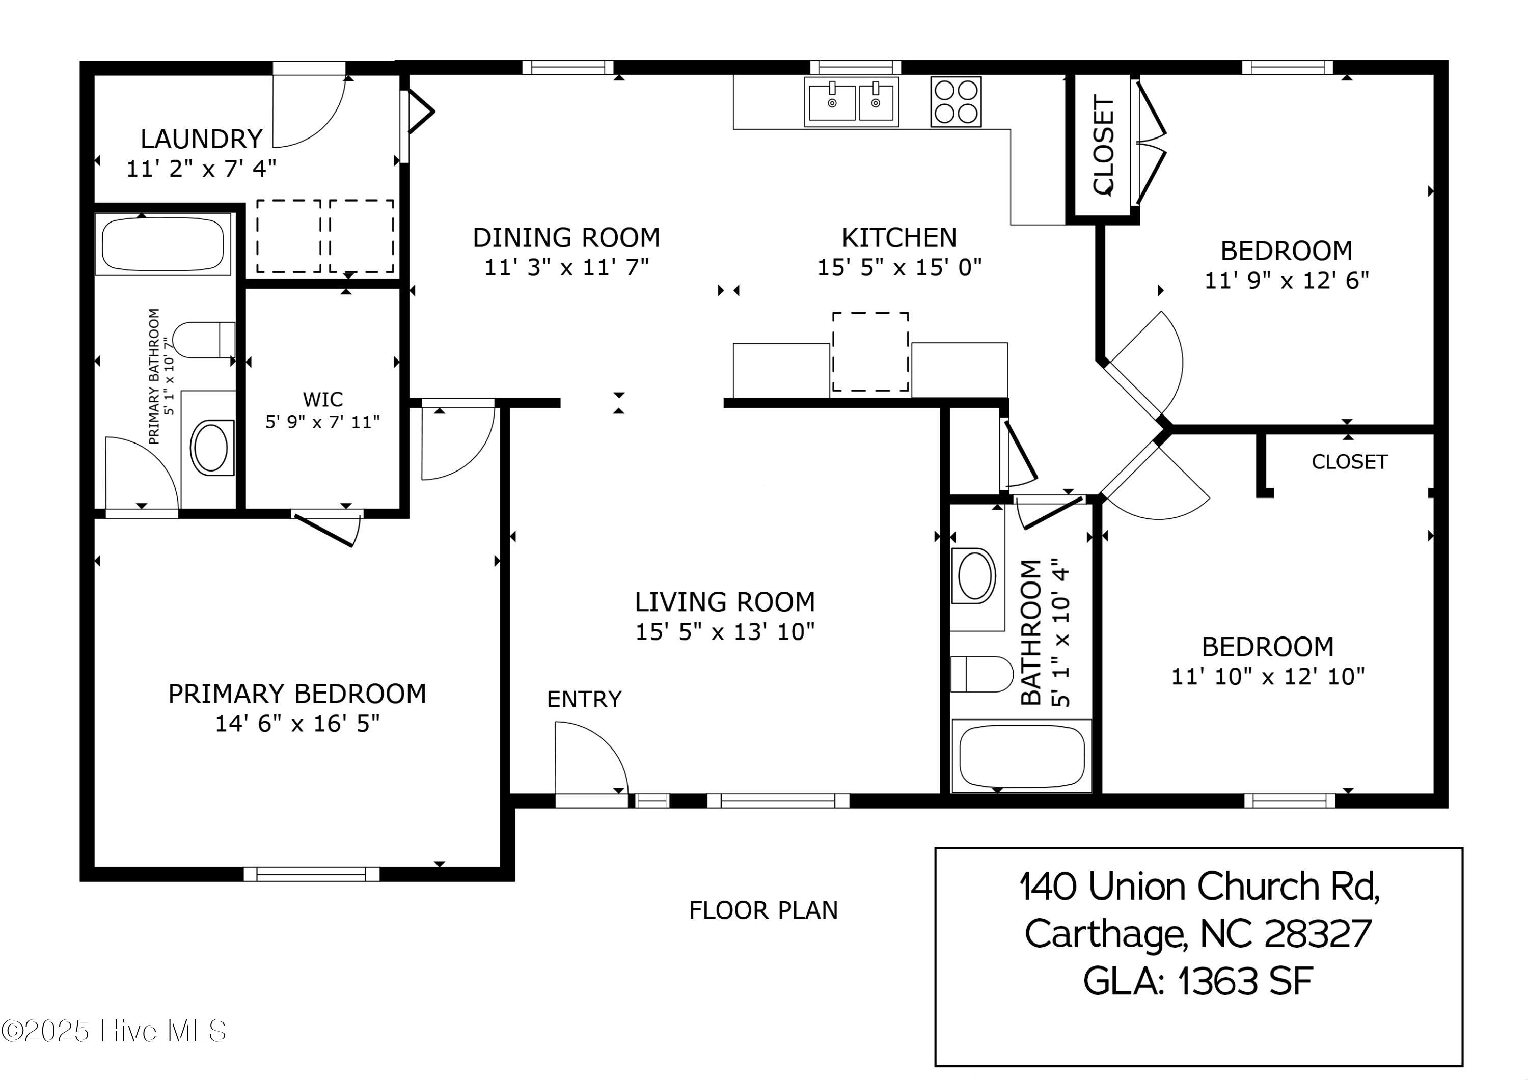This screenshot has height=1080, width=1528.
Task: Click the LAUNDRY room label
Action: (202, 139)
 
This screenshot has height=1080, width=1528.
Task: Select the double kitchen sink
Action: (851, 102)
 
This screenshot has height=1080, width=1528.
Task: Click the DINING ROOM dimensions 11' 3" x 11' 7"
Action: (566, 267)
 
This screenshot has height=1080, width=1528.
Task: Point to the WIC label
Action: (323, 399)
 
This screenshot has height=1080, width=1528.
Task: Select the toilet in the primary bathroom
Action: (203, 340)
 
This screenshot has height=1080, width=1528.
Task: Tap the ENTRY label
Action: (584, 699)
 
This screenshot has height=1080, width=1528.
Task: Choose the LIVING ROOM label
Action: (725, 602)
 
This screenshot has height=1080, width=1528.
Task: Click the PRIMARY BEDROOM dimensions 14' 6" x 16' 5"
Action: (297, 724)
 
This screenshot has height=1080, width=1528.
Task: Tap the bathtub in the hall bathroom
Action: (1021, 756)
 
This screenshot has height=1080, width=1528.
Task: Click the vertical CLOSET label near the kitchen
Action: (1103, 145)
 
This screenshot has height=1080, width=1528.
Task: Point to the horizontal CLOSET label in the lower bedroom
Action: (1349, 462)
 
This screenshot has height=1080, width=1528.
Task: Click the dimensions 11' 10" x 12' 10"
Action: (1268, 677)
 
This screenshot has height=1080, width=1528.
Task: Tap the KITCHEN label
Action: (899, 238)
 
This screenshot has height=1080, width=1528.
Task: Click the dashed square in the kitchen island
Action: (870, 351)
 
